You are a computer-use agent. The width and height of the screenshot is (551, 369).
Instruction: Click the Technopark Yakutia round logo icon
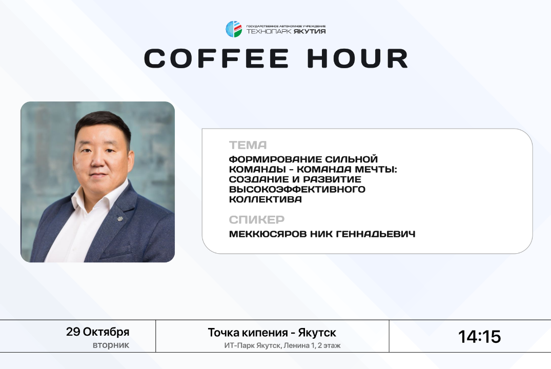coord(234,29)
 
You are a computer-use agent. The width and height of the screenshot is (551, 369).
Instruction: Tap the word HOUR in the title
coord(358,58)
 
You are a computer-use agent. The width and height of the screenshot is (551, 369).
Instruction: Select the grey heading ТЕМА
coord(248,145)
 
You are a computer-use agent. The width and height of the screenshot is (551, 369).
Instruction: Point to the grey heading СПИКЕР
coord(256,220)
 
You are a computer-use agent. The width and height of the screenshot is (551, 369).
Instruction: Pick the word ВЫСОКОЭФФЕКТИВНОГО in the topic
coord(297,190)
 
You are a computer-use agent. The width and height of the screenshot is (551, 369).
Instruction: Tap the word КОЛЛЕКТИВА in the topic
coord(265,200)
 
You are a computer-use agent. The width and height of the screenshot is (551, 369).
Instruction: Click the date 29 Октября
coord(98,332)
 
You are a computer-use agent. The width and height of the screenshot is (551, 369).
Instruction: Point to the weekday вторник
coord(111,345)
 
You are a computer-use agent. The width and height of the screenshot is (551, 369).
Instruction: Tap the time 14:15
coord(479,337)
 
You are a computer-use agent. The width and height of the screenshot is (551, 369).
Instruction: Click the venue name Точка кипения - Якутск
coord(272,333)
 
